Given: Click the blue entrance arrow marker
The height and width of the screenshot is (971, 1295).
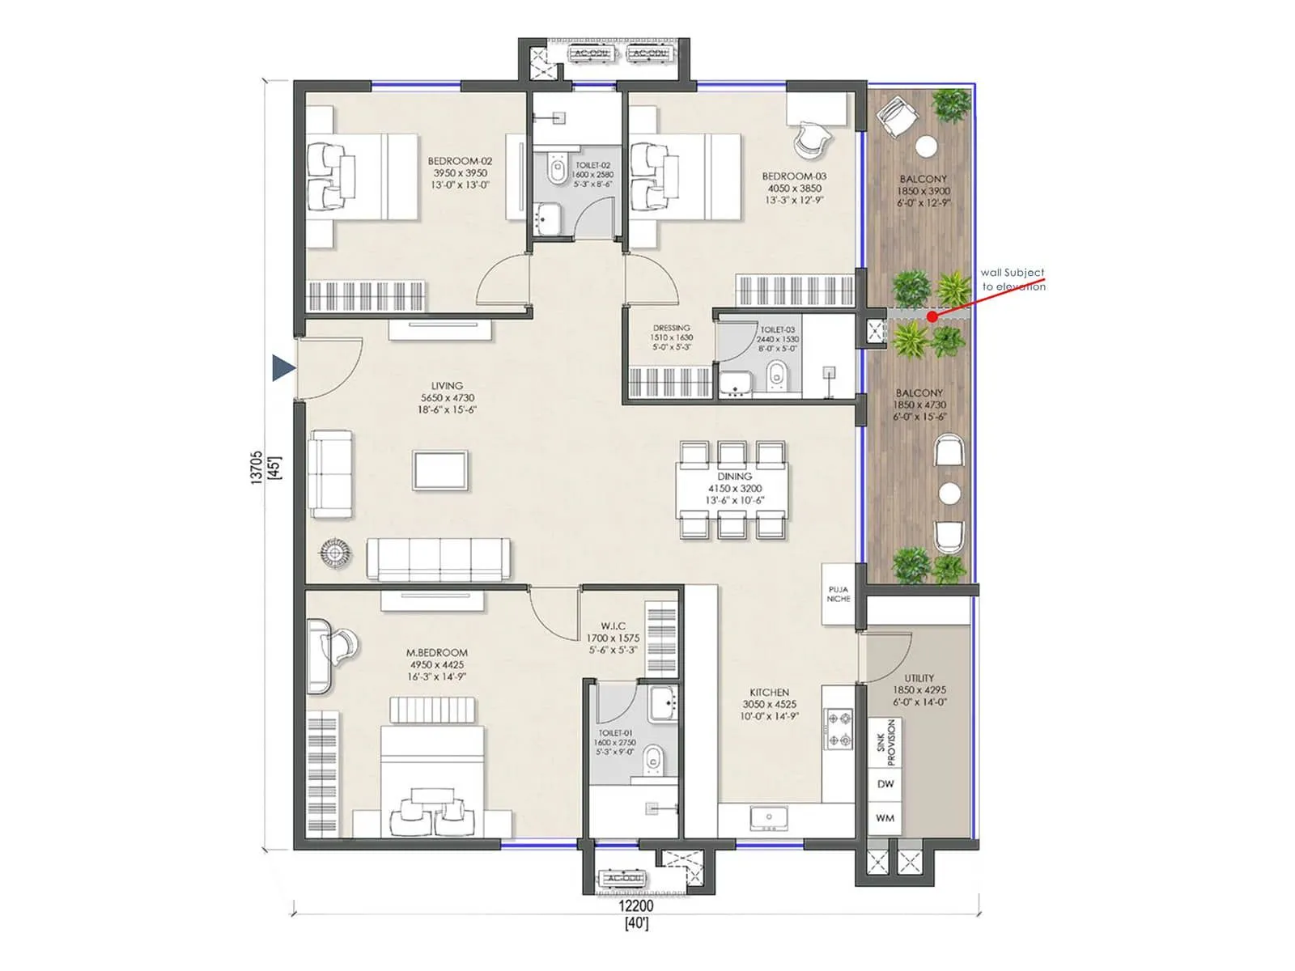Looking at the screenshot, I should coord(282,367).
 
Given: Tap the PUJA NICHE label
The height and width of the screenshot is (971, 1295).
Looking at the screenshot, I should coord(839,594).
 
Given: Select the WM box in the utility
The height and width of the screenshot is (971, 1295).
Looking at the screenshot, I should coord(885,818).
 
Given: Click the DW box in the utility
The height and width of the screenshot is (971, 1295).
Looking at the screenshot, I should coord(885,783).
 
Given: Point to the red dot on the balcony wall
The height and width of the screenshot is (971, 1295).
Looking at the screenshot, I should coord(932,316).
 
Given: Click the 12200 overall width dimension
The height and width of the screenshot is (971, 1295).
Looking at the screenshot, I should coord(636,906).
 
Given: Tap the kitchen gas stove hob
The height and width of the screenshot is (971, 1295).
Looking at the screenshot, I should coord(838,729).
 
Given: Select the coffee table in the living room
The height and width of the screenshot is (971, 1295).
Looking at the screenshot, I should coord(440,470).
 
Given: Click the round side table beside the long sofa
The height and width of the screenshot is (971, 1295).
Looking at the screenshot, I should coord(334,553).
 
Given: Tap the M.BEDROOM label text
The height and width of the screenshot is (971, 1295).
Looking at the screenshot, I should coord(437,652).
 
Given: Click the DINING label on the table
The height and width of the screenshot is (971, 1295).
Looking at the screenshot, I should coord(734,477).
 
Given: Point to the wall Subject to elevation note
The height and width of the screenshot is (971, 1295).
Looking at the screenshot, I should coord(1013,279).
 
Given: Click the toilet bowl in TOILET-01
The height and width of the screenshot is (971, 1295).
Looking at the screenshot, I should coord(652,760).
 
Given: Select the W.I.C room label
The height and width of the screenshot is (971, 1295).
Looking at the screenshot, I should coord(613,625).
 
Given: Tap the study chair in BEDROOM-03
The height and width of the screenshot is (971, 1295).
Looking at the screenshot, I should coord(811,140).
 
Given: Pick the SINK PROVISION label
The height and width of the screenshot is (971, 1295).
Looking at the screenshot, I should coord(886,742).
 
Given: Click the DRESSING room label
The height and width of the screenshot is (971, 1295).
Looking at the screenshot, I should coord(671,328).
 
